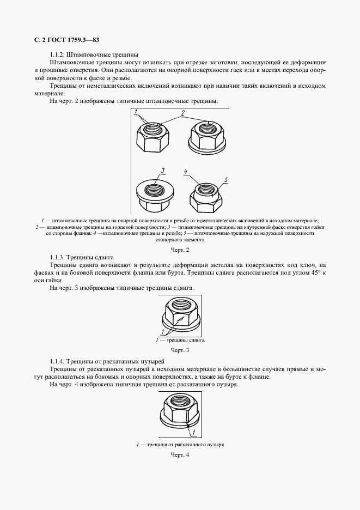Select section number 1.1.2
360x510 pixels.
[58, 54]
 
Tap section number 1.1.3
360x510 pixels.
[58, 257]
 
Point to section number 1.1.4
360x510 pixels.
[58, 361]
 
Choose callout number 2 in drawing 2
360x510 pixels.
[183, 113]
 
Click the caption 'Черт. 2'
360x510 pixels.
[180, 250]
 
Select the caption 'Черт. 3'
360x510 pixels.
[180, 350]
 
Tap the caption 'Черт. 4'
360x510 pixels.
[180, 455]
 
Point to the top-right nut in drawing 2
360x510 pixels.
[208, 137]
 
